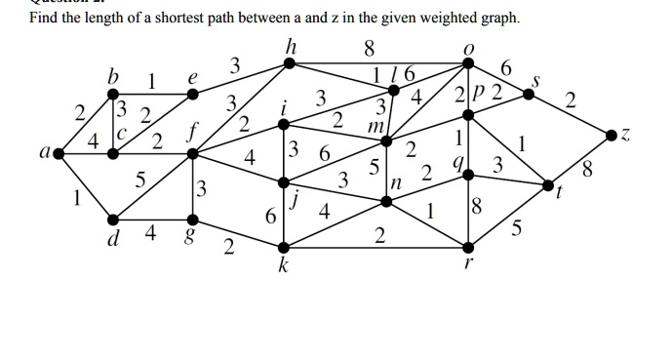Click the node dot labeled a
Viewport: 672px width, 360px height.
pyautogui.click(x=59, y=153)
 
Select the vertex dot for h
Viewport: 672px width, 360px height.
pyautogui.click(x=288, y=63)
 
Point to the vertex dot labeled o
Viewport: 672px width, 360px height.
pyautogui.click(x=469, y=64)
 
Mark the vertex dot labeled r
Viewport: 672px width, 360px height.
pyautogui.click(x=469, y=246)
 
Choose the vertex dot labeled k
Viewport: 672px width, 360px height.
pyautogui.click(x=282, y=246)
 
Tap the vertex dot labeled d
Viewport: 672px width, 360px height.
pyautogui.click(x=114, y=219)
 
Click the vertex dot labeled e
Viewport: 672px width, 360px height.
pyautogui.click(x=192, y=95)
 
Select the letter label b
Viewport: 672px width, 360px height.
pyautogui.click(x=114, y=76)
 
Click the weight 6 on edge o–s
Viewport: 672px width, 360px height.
pyautogui.click(x=503, y=66)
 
